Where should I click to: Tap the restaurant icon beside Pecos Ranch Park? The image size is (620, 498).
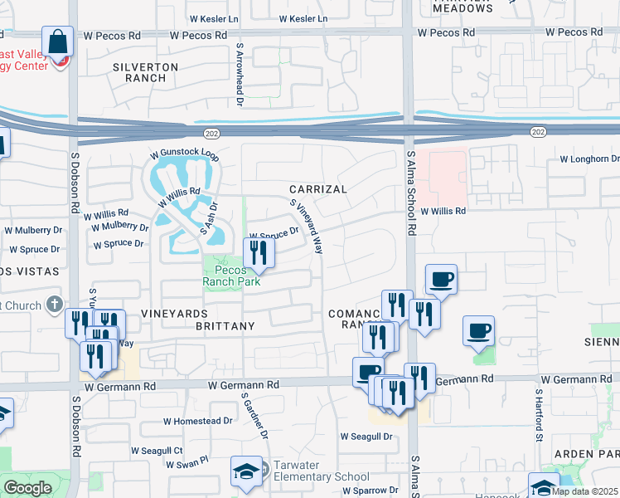point(259,253)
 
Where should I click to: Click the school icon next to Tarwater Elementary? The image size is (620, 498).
point(246,472)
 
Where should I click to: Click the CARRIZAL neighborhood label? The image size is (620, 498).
point(318,189)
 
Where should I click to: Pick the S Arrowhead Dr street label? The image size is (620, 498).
point(239,76)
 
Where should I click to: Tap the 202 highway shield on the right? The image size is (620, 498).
point(539,132)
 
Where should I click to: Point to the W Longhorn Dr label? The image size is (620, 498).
point(589,159)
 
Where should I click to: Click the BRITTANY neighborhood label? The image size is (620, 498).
point(225,326)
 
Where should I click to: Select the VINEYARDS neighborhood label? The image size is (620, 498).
point(172,313)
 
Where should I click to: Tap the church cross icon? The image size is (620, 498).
point(55,305)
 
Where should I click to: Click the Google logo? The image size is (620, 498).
point(27,488)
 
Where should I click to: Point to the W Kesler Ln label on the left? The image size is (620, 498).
point(211,17)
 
